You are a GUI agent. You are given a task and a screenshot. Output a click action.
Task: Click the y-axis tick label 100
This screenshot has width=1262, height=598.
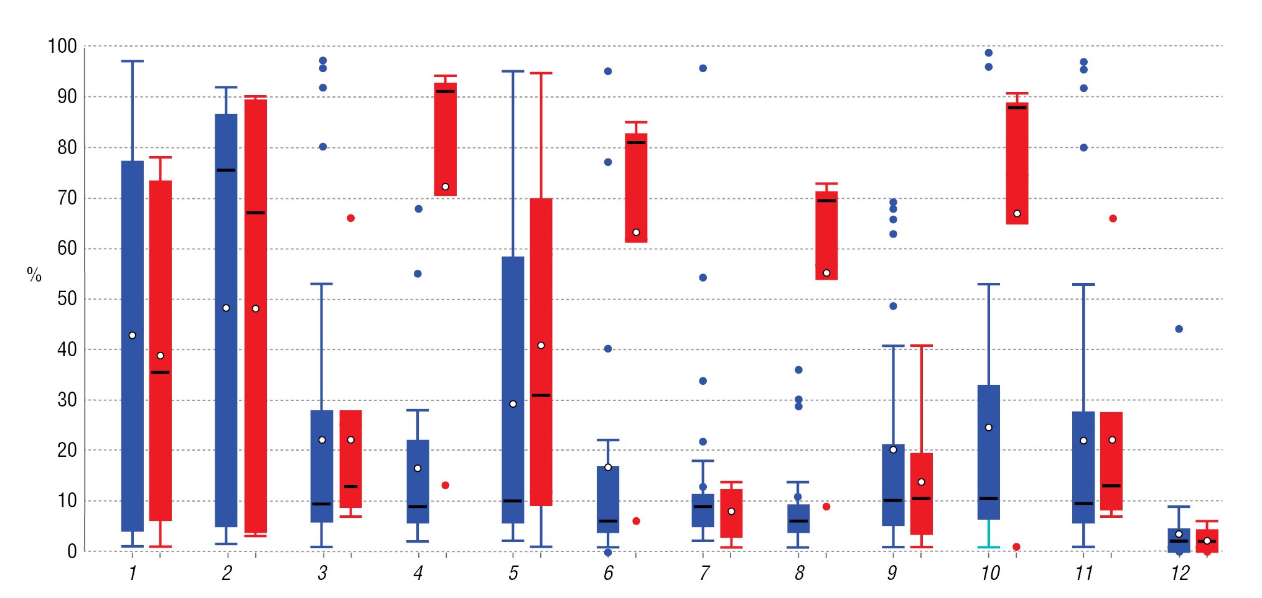(62, 46)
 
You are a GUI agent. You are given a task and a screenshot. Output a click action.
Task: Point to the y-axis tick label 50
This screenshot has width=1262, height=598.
(67, 299)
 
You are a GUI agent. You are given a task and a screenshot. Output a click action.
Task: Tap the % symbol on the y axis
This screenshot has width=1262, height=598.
(34, 274)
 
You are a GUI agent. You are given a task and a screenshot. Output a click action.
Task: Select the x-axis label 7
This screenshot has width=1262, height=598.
(704, 573)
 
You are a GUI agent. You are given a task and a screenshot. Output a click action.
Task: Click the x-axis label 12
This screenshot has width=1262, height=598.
(1180, 573)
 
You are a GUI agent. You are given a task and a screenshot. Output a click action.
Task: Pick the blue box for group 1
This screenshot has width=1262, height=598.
(133, 346)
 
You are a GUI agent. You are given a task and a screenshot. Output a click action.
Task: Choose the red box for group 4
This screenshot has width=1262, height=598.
(445, 139)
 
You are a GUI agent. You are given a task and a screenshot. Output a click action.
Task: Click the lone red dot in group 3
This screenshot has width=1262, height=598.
(351, 218)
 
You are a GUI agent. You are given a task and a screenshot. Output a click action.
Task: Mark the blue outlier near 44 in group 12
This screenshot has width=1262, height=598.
(1179, 329)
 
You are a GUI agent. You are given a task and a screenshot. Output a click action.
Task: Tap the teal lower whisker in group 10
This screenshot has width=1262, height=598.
(989, 535)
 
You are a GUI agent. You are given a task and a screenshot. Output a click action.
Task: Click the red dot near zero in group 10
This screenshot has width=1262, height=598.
(1016, 547)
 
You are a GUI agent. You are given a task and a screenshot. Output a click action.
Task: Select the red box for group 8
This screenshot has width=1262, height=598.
(826, 236)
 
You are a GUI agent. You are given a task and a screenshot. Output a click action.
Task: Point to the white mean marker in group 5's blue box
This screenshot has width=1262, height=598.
(513, 404)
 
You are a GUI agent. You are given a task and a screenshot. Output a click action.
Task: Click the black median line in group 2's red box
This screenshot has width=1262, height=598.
(256, 213)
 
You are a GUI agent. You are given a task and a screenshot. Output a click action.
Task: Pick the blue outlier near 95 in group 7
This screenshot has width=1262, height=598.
(703, 68)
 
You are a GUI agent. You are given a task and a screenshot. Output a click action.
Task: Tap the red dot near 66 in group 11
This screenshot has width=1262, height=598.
(1113, 218)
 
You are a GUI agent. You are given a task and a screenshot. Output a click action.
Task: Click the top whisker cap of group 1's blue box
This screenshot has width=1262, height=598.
(133, 61)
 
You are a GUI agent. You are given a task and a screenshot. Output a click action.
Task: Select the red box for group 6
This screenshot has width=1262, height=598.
(636, 188)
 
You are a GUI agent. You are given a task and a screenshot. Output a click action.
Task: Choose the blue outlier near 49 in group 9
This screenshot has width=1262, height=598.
(893, 306)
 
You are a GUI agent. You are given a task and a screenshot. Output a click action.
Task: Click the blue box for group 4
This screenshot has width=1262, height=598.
(418, 482)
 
